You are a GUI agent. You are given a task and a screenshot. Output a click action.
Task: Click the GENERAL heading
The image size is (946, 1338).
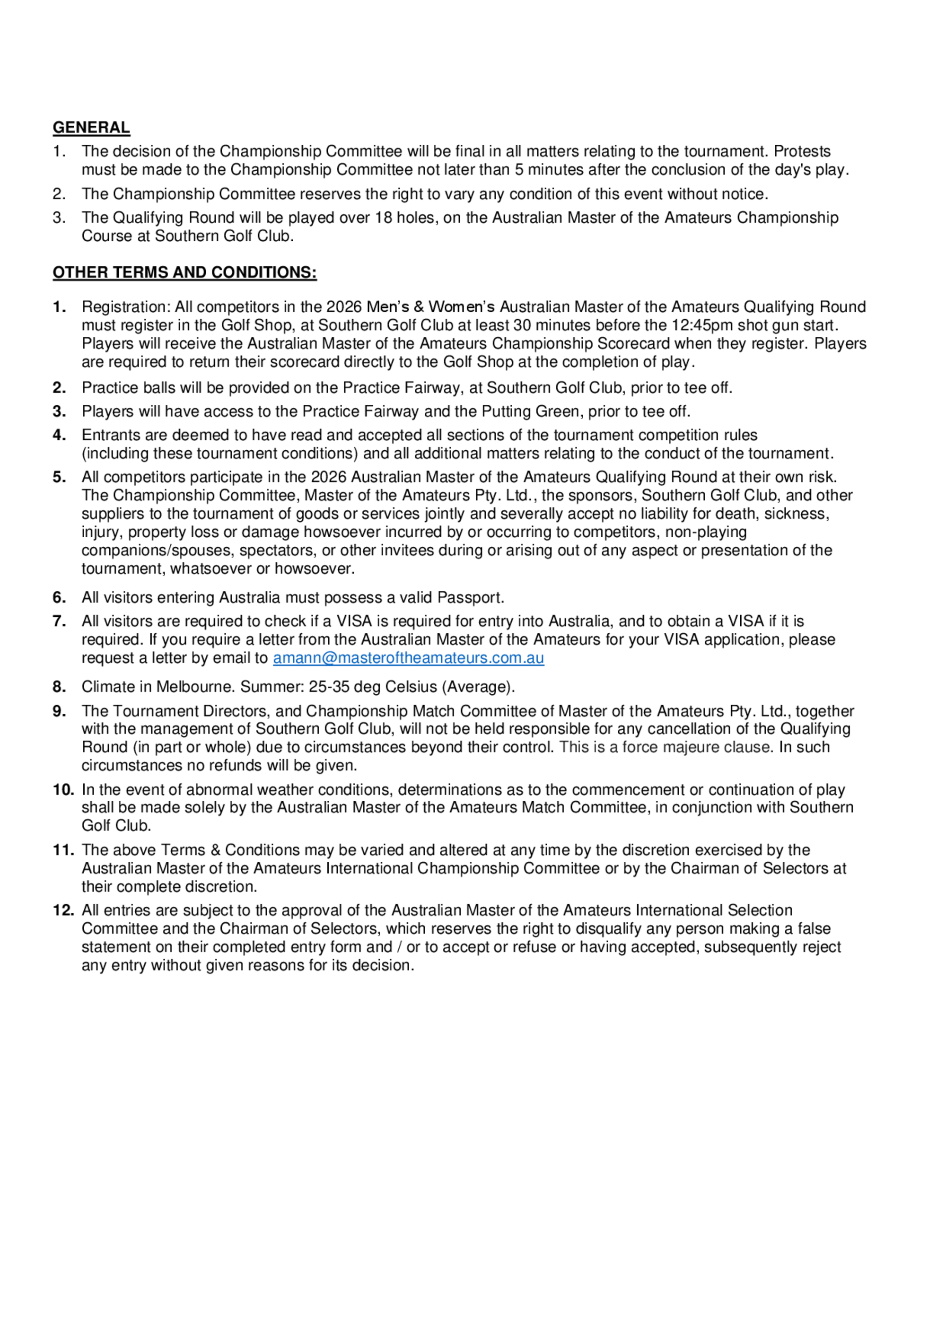(91, 128)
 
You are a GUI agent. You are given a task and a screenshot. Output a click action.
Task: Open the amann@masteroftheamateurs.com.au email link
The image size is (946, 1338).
(408, 658)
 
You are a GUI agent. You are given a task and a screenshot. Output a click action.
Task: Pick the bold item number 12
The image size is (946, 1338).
(63, 910)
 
